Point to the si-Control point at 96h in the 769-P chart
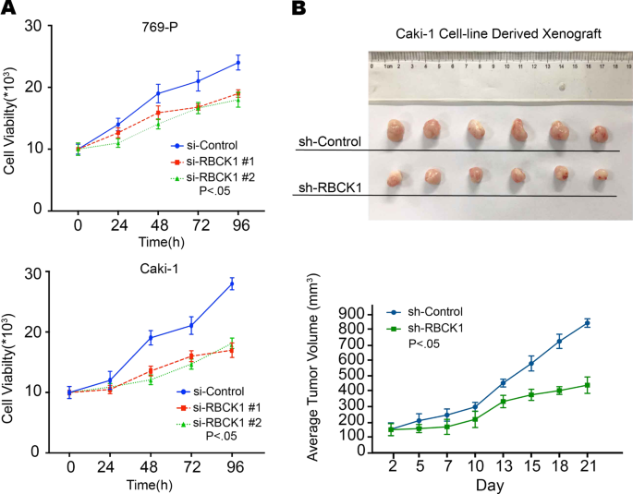point(237,63)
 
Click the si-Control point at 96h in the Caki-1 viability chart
point(232,283)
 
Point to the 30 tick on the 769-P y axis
point(59,27)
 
